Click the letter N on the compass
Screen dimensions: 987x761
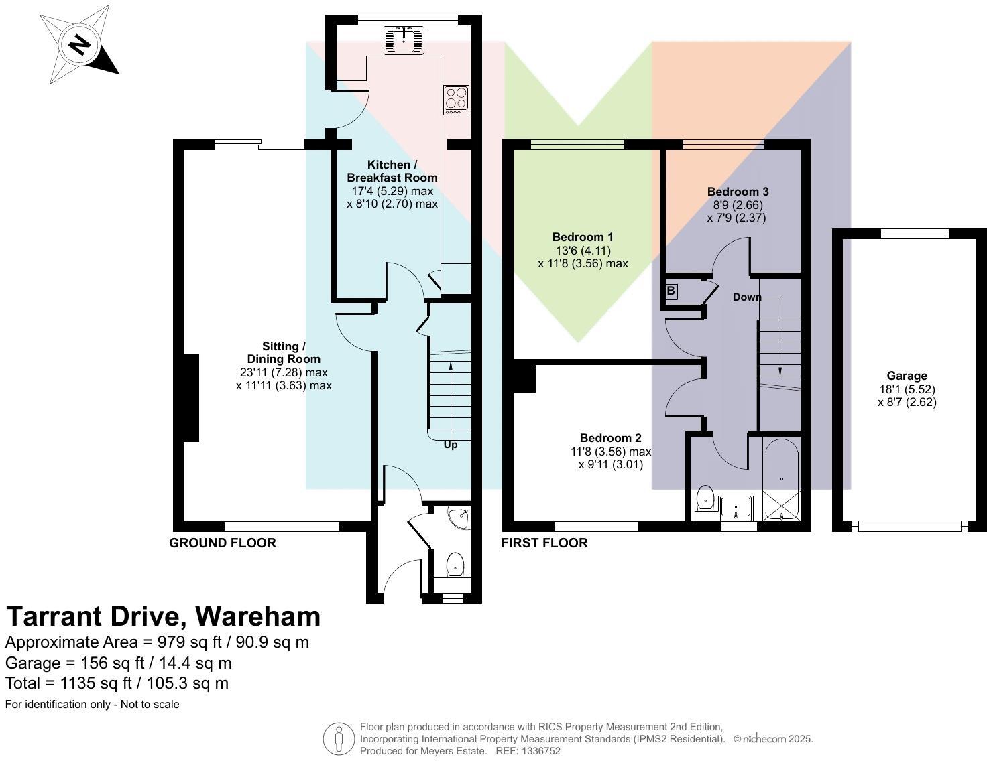coord(80,44)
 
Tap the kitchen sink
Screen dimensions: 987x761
coord(404,40)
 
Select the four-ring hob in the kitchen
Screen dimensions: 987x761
coord(456,100)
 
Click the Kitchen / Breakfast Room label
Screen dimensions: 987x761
coord(392,171)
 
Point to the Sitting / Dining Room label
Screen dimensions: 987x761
coord(284,352)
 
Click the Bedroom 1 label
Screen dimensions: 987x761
coord(583,237)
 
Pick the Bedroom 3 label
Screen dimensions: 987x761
coord(738,192)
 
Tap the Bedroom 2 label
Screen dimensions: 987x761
coord(610,438)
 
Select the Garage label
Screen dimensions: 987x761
coord(907,376)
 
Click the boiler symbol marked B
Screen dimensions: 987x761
coord(671,291)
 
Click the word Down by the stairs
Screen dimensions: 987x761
coord(747,297)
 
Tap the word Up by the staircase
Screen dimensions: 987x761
coord(450,445)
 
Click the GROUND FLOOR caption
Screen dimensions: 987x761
coord(223,543)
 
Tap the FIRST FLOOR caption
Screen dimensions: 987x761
coord(544,543)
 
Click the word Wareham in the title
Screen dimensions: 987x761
coord(257,617)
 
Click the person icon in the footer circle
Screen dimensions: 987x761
coord(339,739)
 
